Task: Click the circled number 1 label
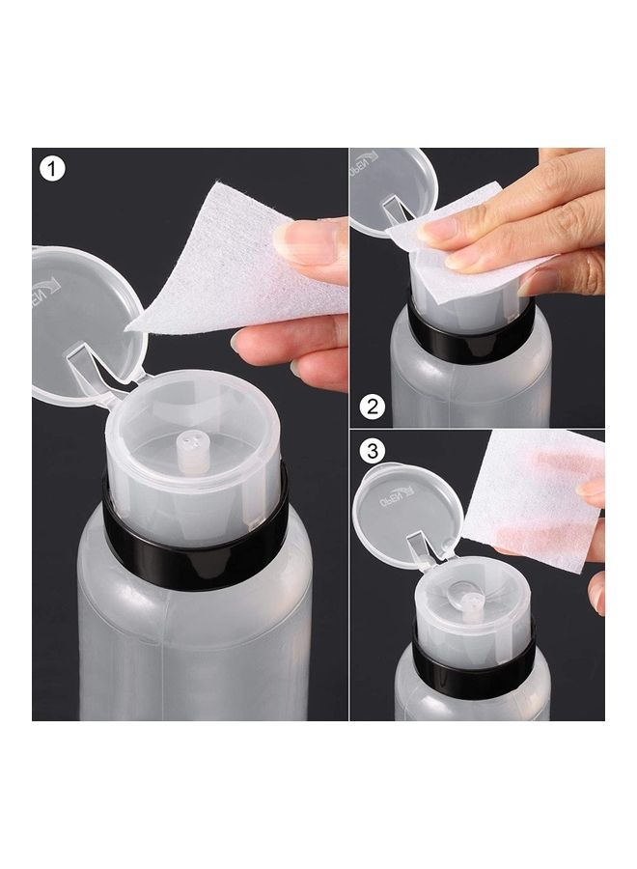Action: tap(52, 169)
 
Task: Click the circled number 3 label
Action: tap(374, 451)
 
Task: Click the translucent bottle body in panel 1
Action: tap(193, 637)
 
